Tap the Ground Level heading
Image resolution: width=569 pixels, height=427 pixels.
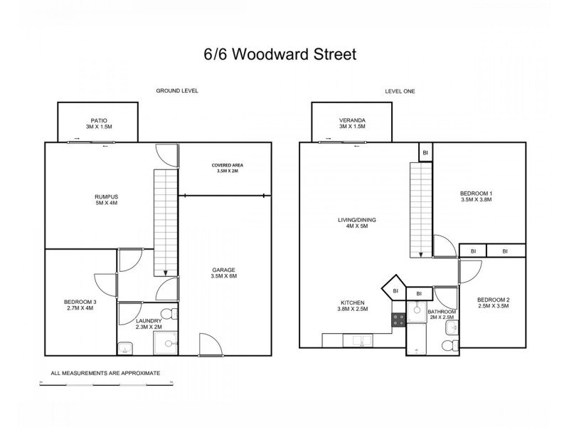177,91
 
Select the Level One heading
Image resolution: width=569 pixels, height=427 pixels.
400,91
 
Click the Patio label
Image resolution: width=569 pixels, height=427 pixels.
98,123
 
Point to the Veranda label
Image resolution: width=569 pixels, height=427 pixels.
353,123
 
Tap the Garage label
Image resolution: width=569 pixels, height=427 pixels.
223,273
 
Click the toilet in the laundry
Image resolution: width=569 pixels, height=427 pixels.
168,314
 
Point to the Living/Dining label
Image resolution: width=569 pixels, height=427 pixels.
357,223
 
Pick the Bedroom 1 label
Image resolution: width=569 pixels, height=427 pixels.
476,196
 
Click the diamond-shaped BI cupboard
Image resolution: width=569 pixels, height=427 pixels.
393,290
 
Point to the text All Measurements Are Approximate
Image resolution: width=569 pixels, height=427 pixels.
105,373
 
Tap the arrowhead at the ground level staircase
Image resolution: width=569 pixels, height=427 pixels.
165,272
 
